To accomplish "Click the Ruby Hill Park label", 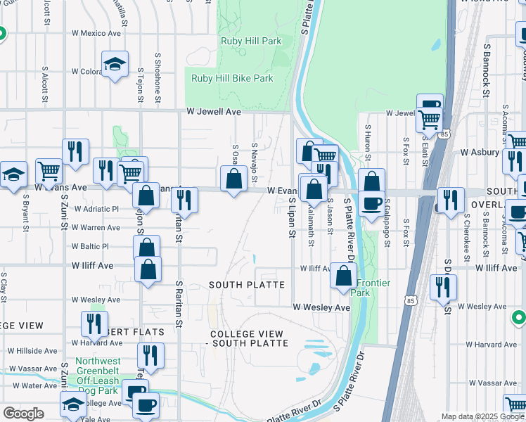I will tap(251, 41).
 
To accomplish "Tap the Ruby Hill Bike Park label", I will tap(232, 79).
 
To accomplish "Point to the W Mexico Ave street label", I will tap(96, 33).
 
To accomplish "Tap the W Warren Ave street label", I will tap(96, 228).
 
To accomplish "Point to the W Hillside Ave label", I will tap(32, 351).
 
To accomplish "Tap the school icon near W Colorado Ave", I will tap(115, 65).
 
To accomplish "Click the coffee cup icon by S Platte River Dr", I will tap(371, 204).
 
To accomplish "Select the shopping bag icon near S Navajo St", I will tap(234, 180).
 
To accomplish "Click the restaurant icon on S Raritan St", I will tap(184, 200).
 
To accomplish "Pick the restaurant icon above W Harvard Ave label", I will tap(94, 324).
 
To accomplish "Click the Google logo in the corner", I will tap(24, 414).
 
